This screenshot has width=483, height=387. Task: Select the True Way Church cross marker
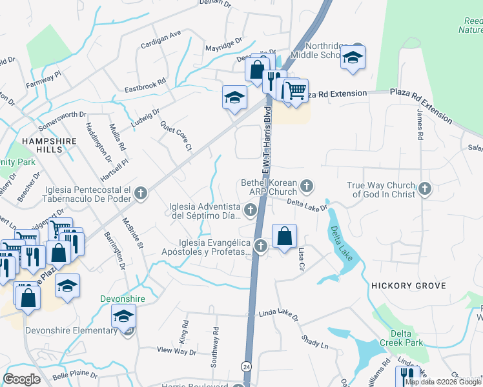point(424,188)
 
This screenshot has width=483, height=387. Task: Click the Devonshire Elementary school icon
point(123,316)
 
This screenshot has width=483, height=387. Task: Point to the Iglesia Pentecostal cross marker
point(141,192)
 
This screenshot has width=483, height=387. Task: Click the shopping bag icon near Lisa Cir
point(284,236)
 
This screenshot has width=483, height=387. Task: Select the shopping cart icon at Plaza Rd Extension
point(296,92)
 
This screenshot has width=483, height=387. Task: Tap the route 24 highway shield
point(246,366)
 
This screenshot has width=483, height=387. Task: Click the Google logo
point(22,379)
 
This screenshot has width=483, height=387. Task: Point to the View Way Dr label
point(176,351)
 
